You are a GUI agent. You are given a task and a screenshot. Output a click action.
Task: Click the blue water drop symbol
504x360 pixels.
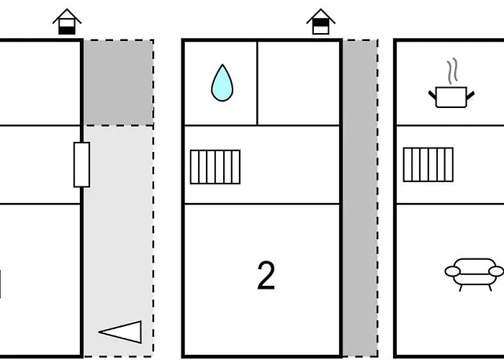click(222, 84)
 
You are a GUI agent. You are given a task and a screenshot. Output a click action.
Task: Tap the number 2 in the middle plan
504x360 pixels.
click(266, 276)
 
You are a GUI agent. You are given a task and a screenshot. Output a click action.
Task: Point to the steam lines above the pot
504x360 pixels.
click(451, 72)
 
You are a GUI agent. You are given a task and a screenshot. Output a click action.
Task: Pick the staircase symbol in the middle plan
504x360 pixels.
click(215, 166)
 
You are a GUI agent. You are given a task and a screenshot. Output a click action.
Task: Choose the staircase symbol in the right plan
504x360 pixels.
click(428, 164)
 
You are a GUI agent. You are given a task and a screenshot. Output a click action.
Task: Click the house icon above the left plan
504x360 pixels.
click(67, 22)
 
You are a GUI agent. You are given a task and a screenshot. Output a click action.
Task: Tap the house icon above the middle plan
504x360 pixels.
click(320, 22)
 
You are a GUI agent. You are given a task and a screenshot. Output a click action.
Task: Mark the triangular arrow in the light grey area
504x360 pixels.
click(121, 332)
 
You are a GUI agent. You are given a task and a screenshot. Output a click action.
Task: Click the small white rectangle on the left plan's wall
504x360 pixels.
click(82, 164)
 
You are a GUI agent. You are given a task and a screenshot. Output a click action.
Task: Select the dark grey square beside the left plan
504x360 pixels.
click(118, 82)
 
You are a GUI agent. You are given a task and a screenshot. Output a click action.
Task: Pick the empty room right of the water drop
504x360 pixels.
click(298, 83)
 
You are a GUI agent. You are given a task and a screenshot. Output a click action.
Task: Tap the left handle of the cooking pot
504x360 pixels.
click(433, 93)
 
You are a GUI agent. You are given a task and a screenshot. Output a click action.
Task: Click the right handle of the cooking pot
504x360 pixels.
click(470, 93)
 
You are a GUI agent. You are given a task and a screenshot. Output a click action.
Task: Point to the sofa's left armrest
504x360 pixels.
click(451, 271)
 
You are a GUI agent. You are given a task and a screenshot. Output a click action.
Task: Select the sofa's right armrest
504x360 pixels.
click(495, 271)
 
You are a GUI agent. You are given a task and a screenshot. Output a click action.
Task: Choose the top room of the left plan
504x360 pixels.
click(40, 83)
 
